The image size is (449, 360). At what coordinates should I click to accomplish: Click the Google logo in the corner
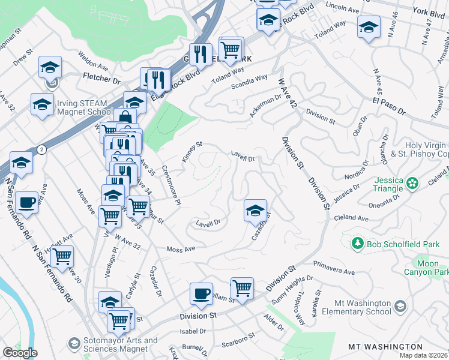pos(20,353)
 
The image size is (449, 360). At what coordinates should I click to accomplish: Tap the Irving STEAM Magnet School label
pos(85,107)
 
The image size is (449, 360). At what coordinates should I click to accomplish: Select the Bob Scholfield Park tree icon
pos(357,243)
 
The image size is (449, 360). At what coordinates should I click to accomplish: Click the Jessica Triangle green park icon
pos(412,182)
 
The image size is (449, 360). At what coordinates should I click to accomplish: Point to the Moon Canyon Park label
pos(432,268)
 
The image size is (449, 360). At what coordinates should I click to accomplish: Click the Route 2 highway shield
pos(40,149)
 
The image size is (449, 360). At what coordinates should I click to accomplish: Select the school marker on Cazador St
pos(255,210)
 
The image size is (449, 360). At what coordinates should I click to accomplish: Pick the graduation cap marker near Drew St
pos(50,67)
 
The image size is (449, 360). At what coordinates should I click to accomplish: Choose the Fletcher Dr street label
pos(100,79)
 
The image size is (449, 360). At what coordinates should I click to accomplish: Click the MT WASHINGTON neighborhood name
pos(385,347)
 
